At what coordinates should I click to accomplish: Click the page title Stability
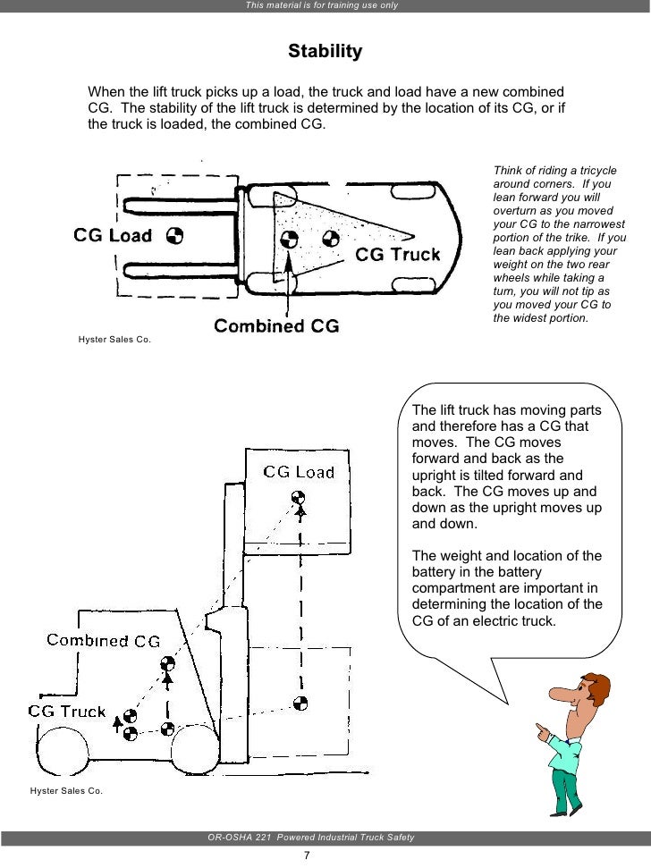pos(325,51)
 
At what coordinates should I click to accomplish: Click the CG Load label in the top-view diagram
pos(113,235)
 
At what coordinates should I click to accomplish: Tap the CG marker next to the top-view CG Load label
pos(175,236)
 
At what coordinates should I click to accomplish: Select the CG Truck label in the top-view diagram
pos(397,255)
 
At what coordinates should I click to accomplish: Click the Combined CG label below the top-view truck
pos(276,325)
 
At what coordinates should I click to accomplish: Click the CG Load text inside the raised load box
pos(299,472)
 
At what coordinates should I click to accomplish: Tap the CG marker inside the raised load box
pos(299,496)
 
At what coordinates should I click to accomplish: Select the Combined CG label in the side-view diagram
pos(104,640)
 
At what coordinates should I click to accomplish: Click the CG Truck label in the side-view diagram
pos(67,712)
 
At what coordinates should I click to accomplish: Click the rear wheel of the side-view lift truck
pos(63,750)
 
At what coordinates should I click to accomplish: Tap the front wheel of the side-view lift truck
pos(196,749)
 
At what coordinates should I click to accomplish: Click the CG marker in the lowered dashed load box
pos(300,704)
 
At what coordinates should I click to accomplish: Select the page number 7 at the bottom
pos(307,855)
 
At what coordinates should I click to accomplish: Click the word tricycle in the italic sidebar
pos(596,171)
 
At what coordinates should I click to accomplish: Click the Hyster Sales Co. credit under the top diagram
pos(114,340)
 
